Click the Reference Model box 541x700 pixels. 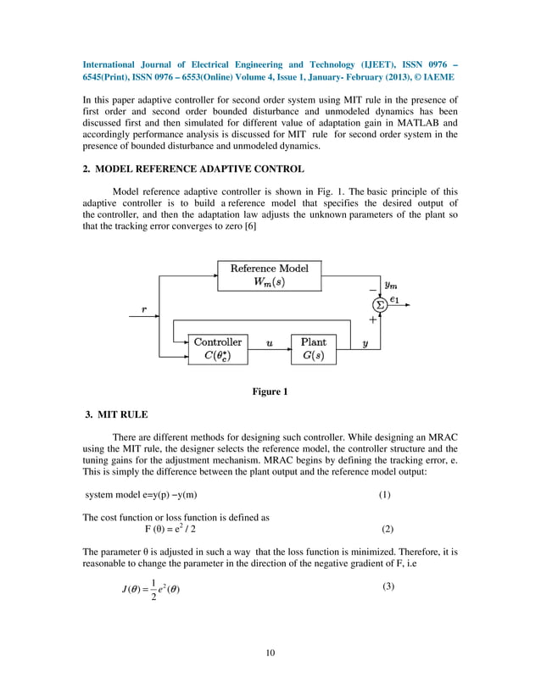(x=270, y=275)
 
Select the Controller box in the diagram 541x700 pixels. (x=218, y=349)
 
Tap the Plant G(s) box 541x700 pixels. (x=313, y=349)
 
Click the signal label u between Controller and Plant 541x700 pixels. (x=269, y=343)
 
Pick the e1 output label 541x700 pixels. (x=394, y=299)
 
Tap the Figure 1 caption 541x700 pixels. (x=270, y=392)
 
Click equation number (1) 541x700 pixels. (x=384, y=495)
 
